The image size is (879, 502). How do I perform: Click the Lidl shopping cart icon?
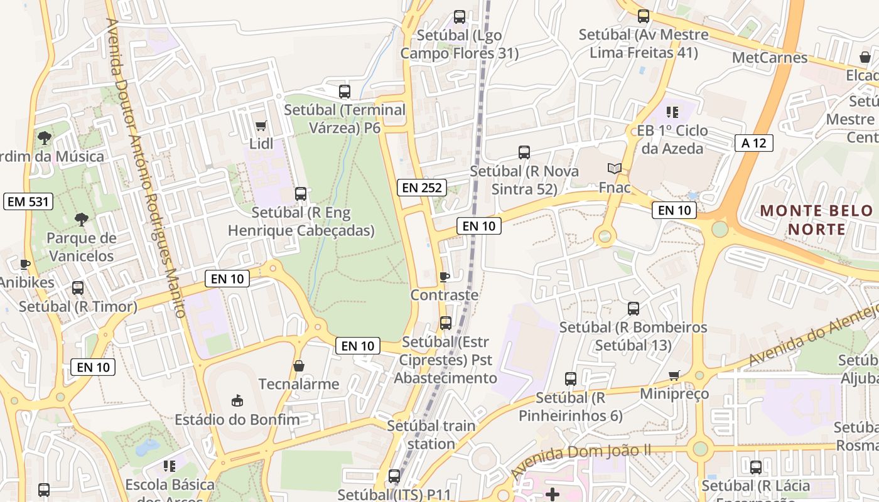pyautogui.click(x=261, y=125)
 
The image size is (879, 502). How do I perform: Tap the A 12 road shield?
pyautogui.click(x=753, y=143)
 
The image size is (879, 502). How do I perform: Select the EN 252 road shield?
pyautogui.click(x=421, y=187)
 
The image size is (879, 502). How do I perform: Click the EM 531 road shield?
pyautogui.click(x=28, y=201)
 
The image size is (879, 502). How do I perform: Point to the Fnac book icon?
pyautogui.click(x=615, y=168)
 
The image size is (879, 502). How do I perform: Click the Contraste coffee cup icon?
pyautogui.click(x=445, y=277)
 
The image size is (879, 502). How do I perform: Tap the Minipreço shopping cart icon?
pyautogui.click(x=674, y=375)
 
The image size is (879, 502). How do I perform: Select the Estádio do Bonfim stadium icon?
pyautogui.click(x=237, y=400)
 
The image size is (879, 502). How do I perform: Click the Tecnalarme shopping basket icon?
pyautogui.click(x=299, y=365)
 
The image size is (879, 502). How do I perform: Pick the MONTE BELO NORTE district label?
pyautogui.click(x=816, y=220)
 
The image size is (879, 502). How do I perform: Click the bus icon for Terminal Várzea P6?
pyautogui.click(x=345, y=92)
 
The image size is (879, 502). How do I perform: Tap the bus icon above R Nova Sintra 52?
pyautogui.click(x=524, y=152)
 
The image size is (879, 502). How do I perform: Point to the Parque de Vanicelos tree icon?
pyautogui.click(x=81, y=220)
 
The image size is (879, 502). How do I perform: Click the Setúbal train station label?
pyautogui.click(x=431, y=434)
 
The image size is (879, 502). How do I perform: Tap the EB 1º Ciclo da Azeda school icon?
pyautogui.click(x=672, y=112)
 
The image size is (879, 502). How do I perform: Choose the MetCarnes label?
pyautogui.click(x=770, y=58)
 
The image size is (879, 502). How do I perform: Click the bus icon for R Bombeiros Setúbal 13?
pyautogui.click(x=634, y=309)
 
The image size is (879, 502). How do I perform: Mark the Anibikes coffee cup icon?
pyautogui.click(x=25, y=264)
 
